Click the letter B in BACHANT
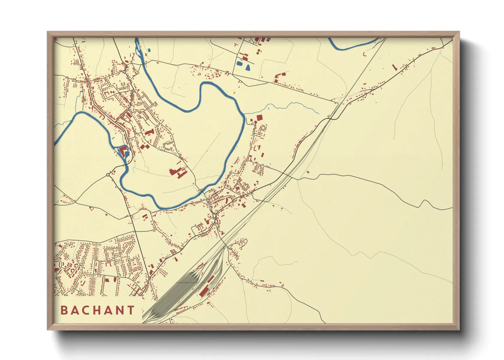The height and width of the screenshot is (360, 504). (x=64, y=310)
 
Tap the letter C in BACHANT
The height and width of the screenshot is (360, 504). (x=87, y=310)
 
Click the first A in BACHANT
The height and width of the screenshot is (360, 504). (x=75, y=310)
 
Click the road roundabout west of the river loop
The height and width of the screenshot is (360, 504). (x=108, y=175)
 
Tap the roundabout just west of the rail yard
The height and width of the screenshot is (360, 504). (x=149, y=278)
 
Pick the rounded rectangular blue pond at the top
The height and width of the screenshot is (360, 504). (x=240, y=63)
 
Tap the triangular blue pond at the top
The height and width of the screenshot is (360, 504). (x=248, y=67)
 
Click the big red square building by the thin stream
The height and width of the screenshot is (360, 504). (x=260, y=118)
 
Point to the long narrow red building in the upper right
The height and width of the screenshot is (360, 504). (x=395, y=67)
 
